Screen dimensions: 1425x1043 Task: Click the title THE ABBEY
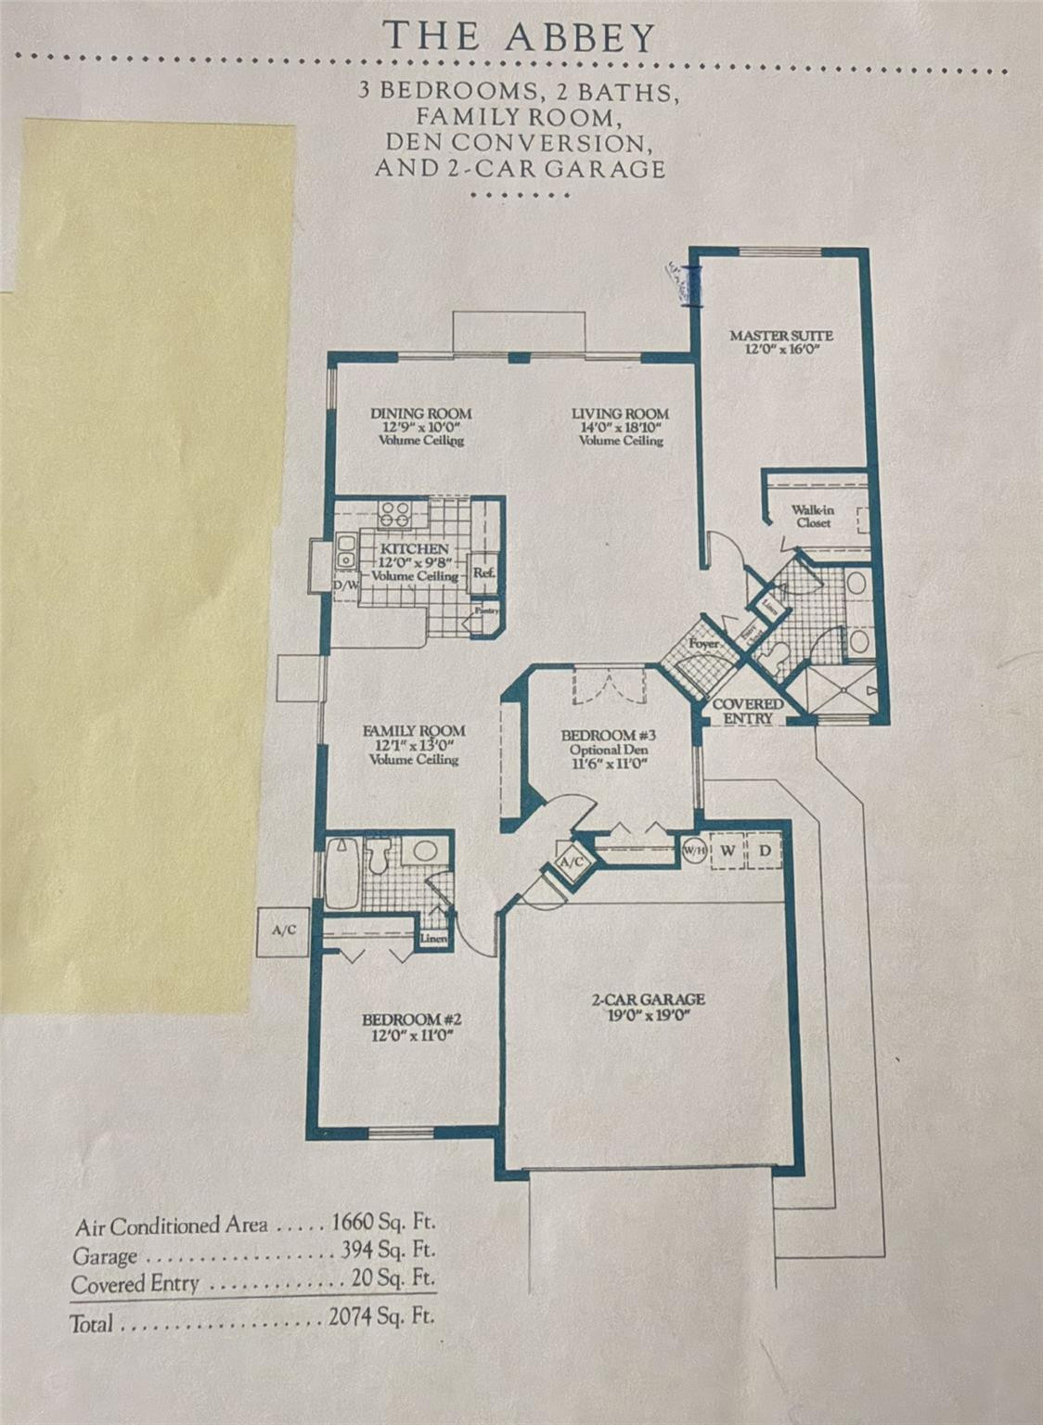point(520,37)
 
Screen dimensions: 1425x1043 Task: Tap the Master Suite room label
point(780,336)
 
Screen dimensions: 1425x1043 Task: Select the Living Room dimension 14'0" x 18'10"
point(620,428)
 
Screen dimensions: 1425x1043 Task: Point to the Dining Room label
point(420,414)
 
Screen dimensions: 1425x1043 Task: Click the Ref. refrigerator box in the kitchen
point(483,572)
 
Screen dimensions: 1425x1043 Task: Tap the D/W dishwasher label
point(345,586)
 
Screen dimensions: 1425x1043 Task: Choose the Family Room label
point(414,731)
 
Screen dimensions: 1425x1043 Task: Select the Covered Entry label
point(747,712)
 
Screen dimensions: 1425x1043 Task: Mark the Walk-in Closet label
point(812,516)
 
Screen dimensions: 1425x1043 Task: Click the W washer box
point(728,851)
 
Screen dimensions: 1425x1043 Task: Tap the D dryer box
point(765,851)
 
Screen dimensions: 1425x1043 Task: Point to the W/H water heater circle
point(694,851)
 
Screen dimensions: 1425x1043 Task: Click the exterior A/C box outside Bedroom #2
point(284,929)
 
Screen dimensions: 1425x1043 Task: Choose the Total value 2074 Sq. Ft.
point(381,1316)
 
